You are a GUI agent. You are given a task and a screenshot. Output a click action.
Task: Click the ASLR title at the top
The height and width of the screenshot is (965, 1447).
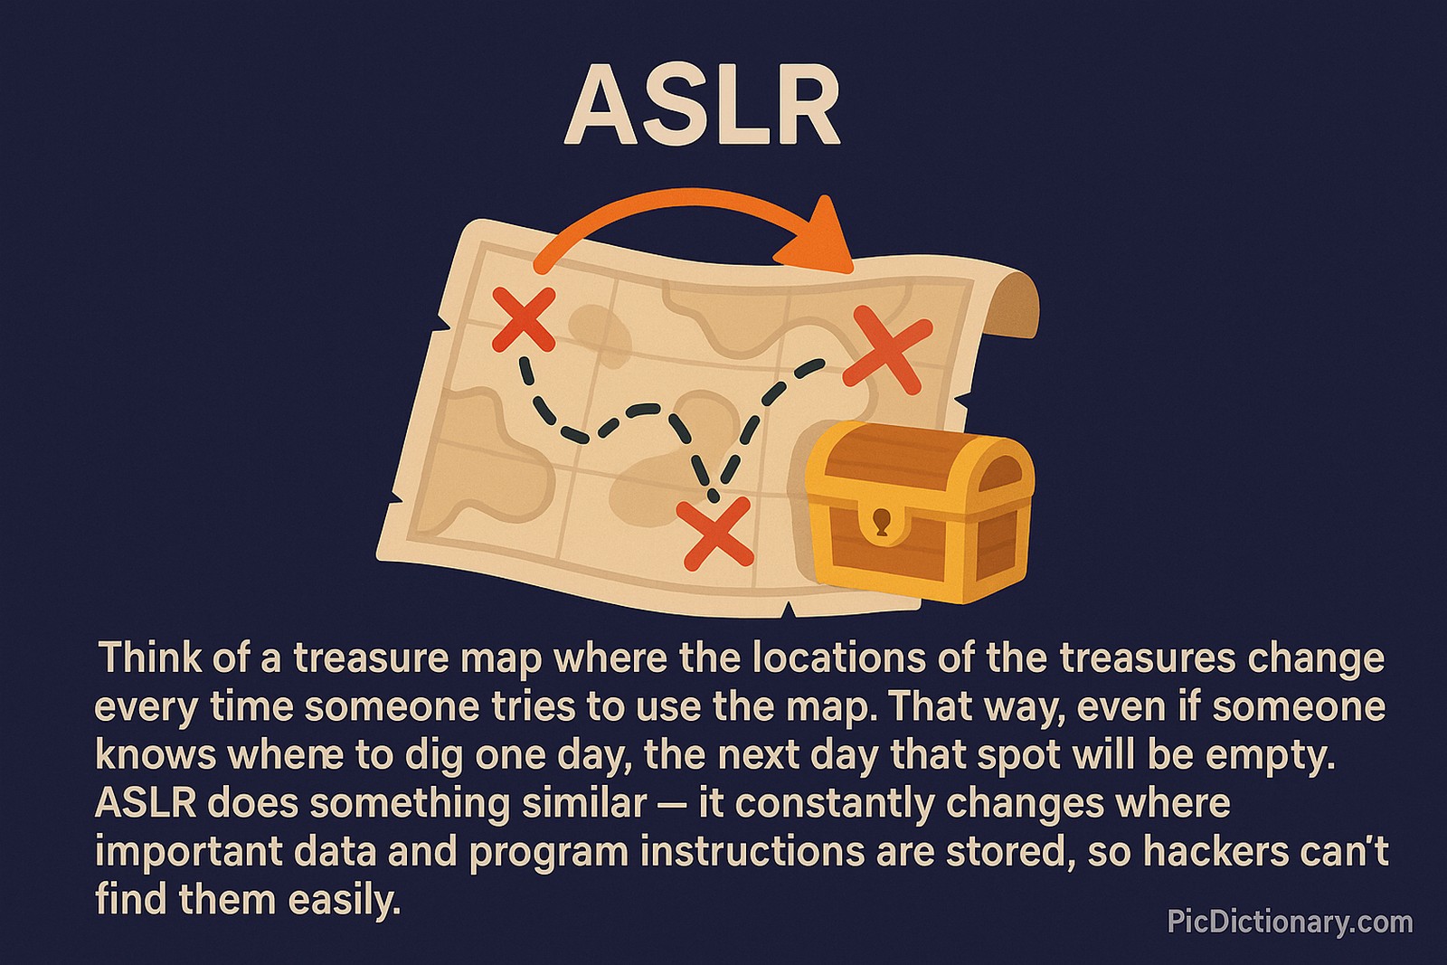tap(703, 106)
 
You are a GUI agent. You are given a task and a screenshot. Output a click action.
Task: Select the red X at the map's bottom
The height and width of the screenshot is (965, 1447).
tap(715, 534)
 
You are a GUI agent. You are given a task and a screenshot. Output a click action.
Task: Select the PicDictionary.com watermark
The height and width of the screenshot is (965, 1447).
tap(1289, 922)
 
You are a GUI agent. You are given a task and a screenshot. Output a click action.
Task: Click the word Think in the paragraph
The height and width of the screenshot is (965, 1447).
tap(145, 658)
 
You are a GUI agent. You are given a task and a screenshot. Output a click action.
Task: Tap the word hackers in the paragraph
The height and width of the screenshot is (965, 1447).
tap(1193, 853)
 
